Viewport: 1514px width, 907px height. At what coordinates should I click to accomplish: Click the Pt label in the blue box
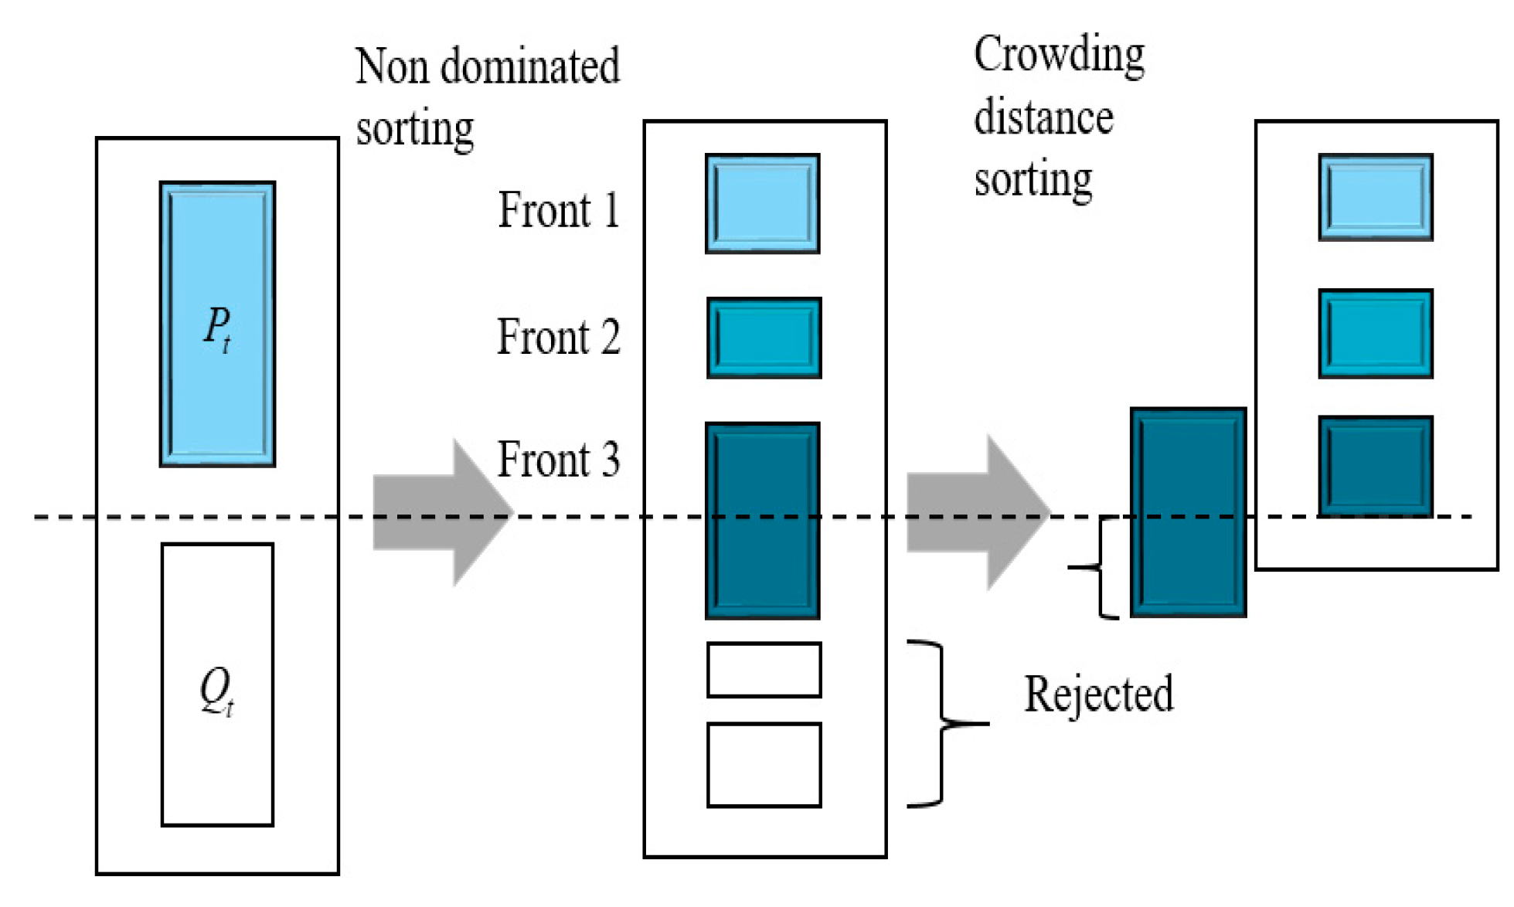click(x=217, y=328)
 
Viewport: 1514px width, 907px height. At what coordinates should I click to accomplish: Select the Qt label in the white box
click(x=217, y=690)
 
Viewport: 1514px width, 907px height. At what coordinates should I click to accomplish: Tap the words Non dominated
click(x=487, y=66)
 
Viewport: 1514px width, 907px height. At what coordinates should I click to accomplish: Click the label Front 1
click(x=558, y=210)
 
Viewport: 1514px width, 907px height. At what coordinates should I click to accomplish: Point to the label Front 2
click(x=558, y=338)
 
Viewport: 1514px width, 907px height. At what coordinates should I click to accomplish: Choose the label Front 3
click(x=558, y=460)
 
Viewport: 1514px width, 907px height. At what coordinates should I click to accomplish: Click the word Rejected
click(x=1098, y=695)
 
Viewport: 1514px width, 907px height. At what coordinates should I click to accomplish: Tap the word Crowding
click(x=1059, y=56)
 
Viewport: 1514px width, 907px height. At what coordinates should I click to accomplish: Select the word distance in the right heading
click(x=1043, y=118)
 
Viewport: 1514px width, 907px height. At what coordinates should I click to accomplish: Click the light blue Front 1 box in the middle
click(x=762, y=204)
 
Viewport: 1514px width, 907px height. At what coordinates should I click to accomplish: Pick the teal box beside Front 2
click(x=764, y=338)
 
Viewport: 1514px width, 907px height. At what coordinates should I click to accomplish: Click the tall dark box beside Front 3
click(x=762, y=521)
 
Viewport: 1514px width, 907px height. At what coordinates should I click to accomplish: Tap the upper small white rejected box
click(x=764, y=670)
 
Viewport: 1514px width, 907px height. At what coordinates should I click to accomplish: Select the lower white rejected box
click(x=764, y=765)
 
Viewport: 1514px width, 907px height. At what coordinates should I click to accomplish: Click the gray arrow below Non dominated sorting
click(x=441, y=513)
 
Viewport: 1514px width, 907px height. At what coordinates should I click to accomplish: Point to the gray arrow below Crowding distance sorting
click(x=975, y=513)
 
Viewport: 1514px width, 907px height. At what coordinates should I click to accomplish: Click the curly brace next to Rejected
click(x=941, y=724)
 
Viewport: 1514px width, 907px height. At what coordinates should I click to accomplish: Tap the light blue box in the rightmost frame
click(x=1376, y=198)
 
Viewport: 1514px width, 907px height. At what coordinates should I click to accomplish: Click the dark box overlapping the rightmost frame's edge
click(x=1188, y=513)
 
